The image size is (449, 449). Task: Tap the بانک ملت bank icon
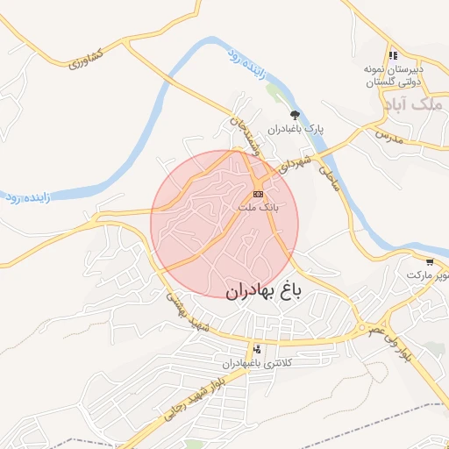click(x=258, y=193)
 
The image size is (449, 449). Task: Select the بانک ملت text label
click(x=258, y=208)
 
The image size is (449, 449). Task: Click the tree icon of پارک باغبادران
click(x=295, y=114)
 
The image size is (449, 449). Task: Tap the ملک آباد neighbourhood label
click(x=411, y=104)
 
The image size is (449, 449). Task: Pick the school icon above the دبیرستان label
click(x=394, y=55)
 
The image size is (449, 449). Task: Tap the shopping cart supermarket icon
click(x=429, y=262)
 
